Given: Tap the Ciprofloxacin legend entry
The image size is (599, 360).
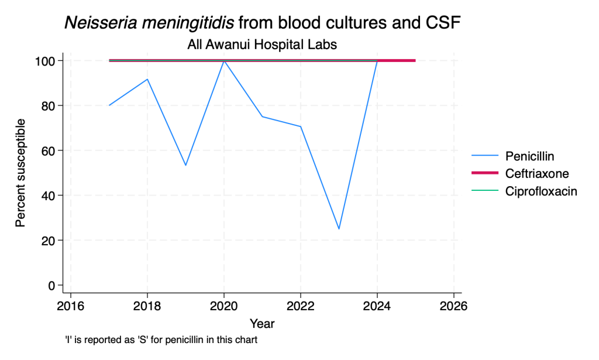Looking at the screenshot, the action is click(x=524, y=191).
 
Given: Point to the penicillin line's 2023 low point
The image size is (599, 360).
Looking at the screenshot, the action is click(x=339, y=229).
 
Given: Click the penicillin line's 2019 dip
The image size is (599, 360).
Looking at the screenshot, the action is click(x=185, y=165).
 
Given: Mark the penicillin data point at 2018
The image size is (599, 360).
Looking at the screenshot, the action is click(x=147, y=79).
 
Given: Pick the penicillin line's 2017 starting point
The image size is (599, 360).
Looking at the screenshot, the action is click(x=109, y=105).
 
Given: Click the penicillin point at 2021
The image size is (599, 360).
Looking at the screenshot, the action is click(x=262, y=116).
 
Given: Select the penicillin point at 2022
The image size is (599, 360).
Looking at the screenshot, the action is click(x=301, y=126).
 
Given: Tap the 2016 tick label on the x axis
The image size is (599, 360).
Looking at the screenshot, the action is click(x=71, y=306).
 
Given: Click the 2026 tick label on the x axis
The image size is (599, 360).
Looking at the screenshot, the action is click(x=453, y=306).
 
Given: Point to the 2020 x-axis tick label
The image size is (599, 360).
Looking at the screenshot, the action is click(x=224, y=306).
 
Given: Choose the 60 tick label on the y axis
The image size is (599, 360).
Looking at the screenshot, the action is click(x=49, y=150).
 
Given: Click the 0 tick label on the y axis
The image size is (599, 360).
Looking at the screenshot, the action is click(x=52, y=286).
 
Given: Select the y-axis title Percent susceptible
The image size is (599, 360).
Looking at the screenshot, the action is click(x=20, y=173).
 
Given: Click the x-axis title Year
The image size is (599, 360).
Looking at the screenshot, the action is click(x=262, y=324).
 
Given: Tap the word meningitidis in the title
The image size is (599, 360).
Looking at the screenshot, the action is click(x=188, y=23).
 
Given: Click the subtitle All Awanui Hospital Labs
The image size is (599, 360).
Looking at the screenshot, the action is click(x=262, y=44).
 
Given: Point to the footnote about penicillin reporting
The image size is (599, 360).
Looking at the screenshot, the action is click(x=161, y=340).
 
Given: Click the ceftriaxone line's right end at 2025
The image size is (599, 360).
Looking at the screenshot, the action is click(x=415, y=60).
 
